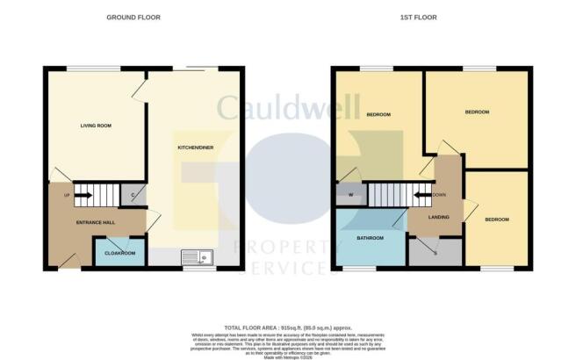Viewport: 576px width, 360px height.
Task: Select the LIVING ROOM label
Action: [x=96, y=126]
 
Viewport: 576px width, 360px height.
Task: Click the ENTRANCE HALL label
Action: [x=97, y=222]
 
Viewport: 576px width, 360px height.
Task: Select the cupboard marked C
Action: [x=133, y=195]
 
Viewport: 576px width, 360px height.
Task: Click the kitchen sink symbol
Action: [x=197, y=256]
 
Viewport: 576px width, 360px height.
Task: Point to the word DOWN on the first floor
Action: [x=438, y=195]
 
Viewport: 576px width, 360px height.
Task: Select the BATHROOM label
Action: [x=369, y=238]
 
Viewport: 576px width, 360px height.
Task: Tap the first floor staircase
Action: [x=386, y=195]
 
